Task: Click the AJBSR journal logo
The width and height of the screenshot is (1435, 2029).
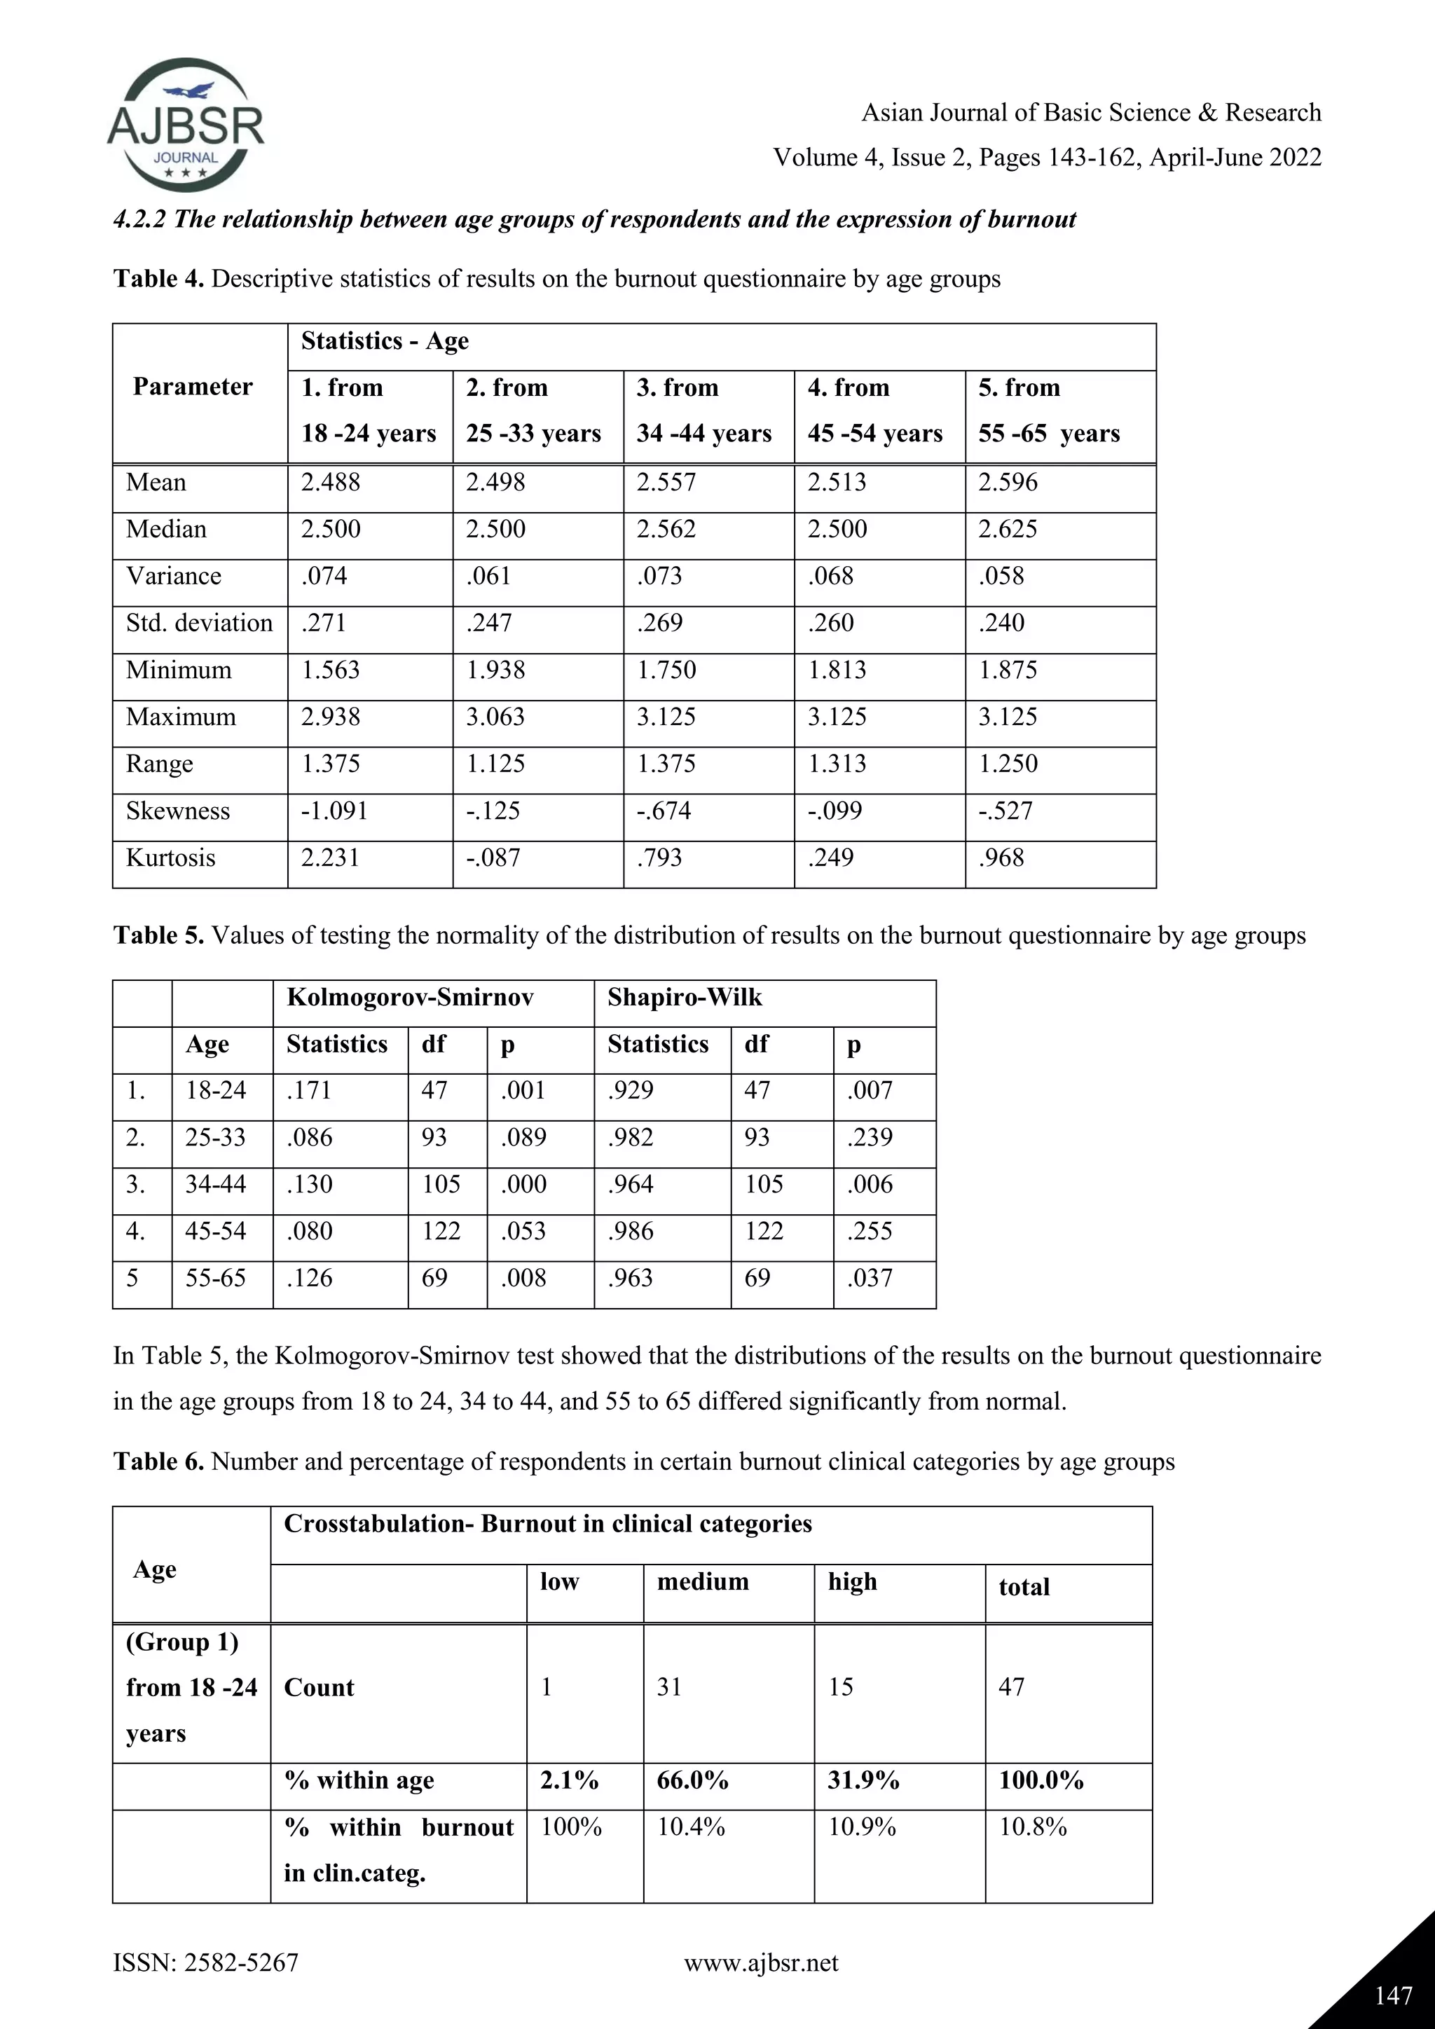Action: tap(186, 125)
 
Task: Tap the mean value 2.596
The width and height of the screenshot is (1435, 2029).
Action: tap(1008, 483)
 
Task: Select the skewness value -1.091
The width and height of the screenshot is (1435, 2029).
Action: tap(334, 811)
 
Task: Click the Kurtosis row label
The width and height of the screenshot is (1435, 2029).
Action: tap(170, 858)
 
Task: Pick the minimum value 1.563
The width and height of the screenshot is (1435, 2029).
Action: tap(331, 670)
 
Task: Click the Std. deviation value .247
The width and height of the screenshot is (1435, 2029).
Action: tap(490, 623)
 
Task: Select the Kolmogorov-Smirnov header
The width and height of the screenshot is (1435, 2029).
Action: tap(410, 998)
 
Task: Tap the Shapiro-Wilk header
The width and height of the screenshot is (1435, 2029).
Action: tap(684, 998)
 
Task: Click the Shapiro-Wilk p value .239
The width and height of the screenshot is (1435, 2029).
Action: tap(870, 1137)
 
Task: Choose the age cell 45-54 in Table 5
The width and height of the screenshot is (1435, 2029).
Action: tap(216, 1231)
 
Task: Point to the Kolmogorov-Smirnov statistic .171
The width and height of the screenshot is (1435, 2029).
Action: tap(309, 1090)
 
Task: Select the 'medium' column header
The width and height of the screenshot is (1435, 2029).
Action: tap(703, 1582)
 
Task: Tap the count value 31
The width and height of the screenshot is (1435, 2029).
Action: tap(669, 1687)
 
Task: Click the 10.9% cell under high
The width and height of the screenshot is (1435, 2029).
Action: tap(862, 1827)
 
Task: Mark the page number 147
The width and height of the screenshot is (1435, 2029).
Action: tap(1392, 1996)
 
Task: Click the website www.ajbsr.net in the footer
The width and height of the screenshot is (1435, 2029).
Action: tap(761, 1964)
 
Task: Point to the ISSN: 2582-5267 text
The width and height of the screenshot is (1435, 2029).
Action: tap(206, 1964)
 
